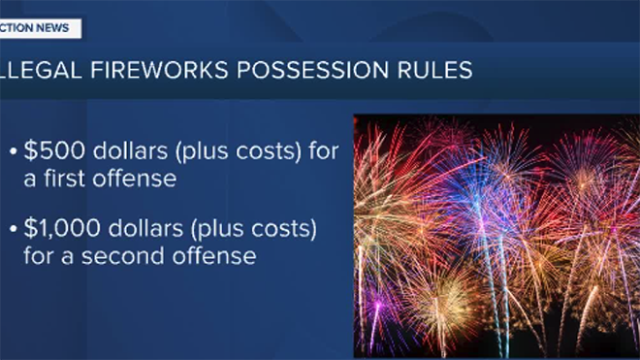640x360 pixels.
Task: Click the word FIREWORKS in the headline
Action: point(159,70)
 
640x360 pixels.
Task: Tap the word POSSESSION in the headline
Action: point(312,70)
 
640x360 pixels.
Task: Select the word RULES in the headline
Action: point(435,70)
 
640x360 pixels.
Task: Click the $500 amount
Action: point(54,150)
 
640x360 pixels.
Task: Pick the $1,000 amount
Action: point(62,228)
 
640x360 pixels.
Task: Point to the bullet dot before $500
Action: point(14,151)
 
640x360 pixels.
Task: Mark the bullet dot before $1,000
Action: point(14,229)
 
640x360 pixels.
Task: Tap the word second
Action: point(123,256)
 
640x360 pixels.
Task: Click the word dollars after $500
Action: point(130,150)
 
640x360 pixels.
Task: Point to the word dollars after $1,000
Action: point(145,228)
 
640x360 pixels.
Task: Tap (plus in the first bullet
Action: point(202,151)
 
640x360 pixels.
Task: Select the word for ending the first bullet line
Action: point(324,150)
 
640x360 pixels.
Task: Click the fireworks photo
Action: point(496,236)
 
